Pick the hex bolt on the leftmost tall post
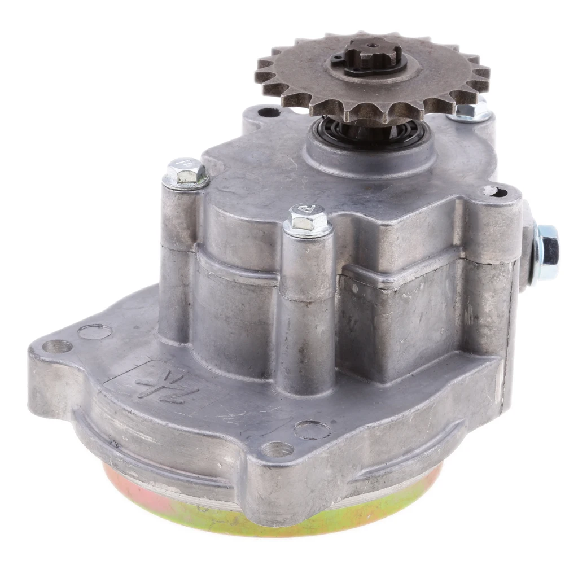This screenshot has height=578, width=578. [186, 173]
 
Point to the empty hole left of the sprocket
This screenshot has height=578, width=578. [269, 112]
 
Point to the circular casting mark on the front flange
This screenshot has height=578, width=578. [312, 430]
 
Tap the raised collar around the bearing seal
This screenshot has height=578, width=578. [370, 155]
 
